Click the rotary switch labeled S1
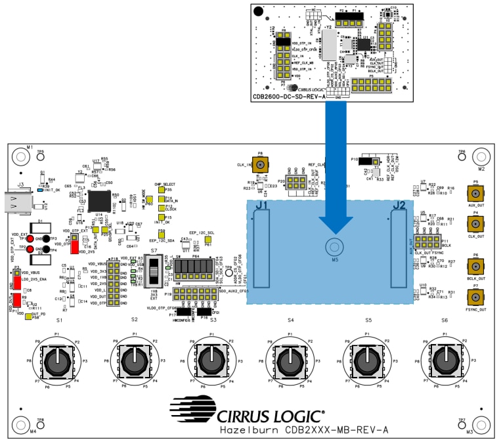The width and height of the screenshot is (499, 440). (58, 360)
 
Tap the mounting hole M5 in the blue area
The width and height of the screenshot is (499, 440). (334, 247)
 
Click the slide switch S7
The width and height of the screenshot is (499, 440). (154, 269)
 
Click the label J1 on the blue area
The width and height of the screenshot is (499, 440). (262, 206)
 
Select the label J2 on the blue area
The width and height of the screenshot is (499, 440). (399, 206)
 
